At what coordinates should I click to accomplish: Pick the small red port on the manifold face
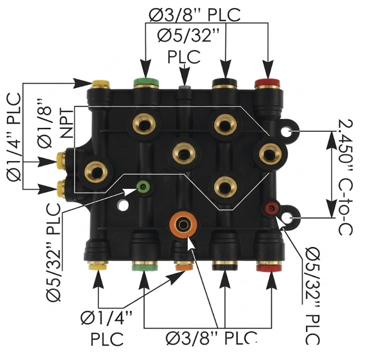270,208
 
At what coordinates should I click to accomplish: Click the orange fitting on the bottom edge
184,266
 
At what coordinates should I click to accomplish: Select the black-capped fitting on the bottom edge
225,266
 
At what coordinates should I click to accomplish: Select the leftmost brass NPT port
95,170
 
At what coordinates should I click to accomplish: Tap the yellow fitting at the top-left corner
100,85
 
